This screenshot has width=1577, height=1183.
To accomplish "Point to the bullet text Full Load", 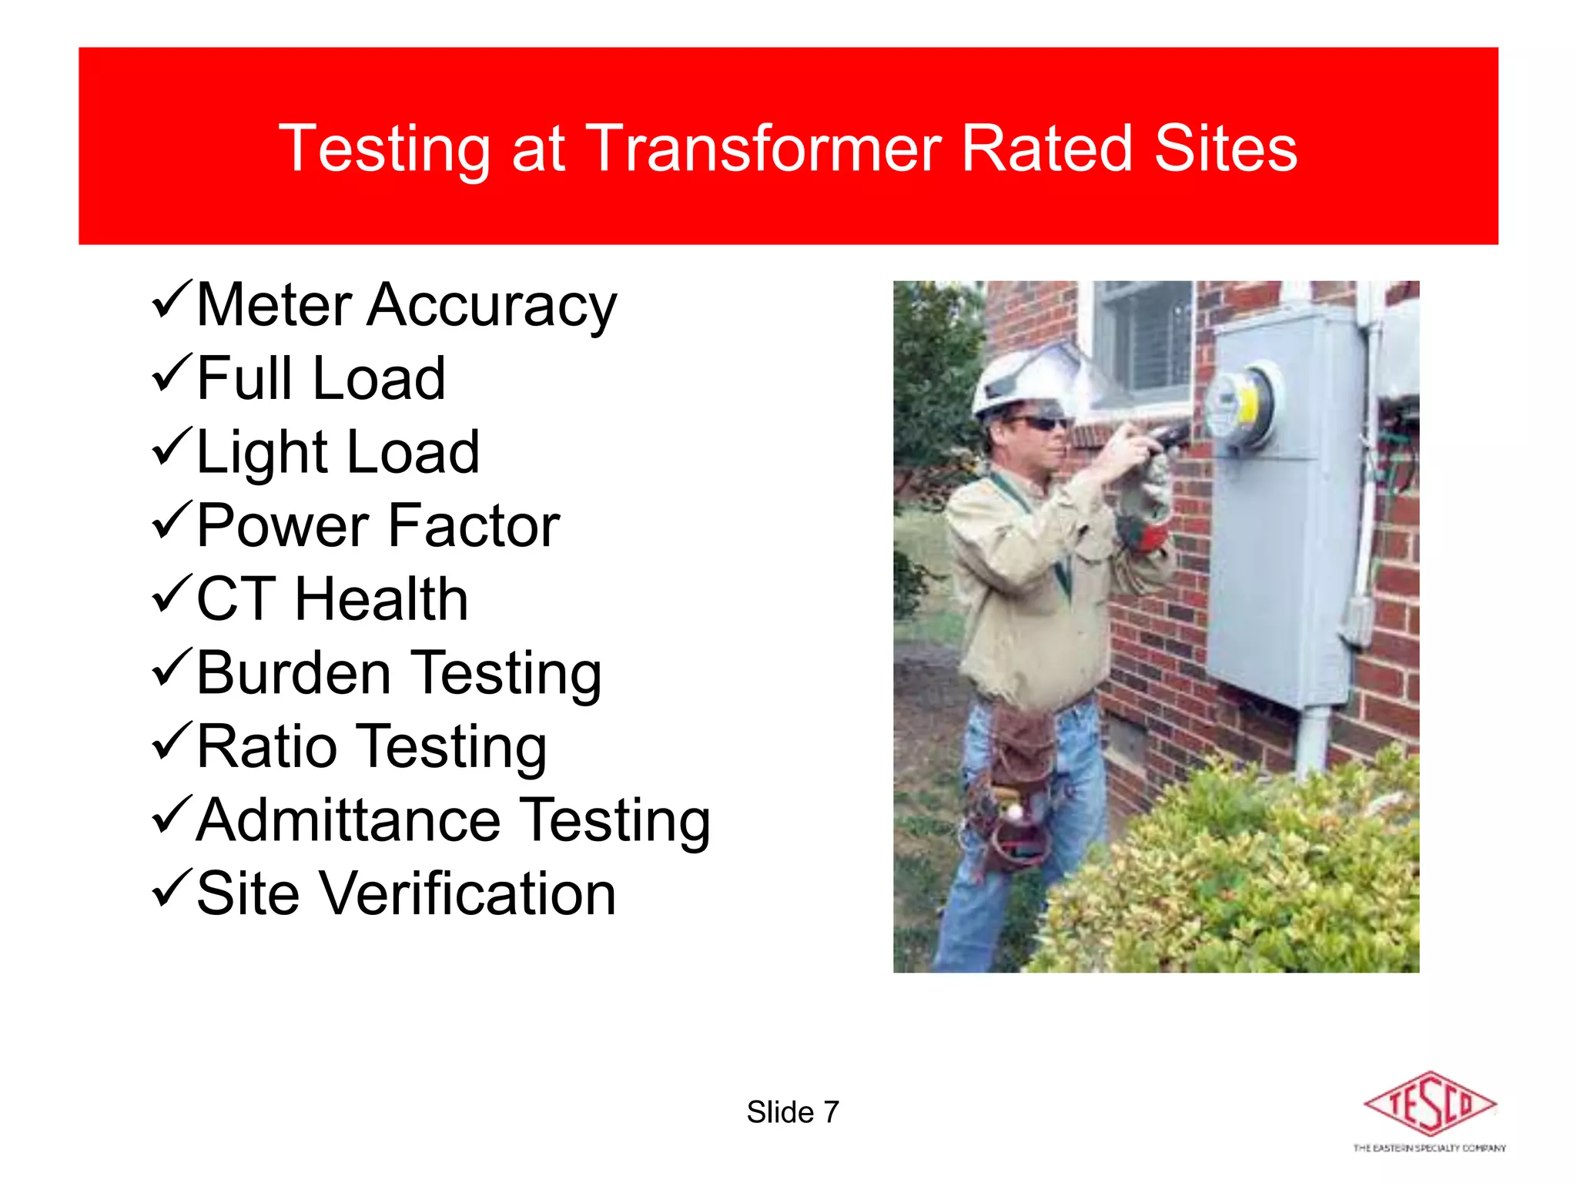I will click(320, 378).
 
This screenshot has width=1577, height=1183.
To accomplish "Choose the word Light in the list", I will click(262, 452).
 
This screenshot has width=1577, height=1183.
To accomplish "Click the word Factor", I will click(474, 526).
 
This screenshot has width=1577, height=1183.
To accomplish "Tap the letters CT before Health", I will click(236, 599).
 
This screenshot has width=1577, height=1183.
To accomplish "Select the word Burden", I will click(293, 673).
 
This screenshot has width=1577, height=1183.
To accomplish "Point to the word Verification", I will click(467, 893).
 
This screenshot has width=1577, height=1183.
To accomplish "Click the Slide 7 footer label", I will click(792, 1112).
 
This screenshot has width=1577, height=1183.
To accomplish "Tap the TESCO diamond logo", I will click(1429, 1104).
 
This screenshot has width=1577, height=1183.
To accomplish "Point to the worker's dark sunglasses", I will click(1040, 423).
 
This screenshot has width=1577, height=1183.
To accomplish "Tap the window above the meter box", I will click(1143, 339).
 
